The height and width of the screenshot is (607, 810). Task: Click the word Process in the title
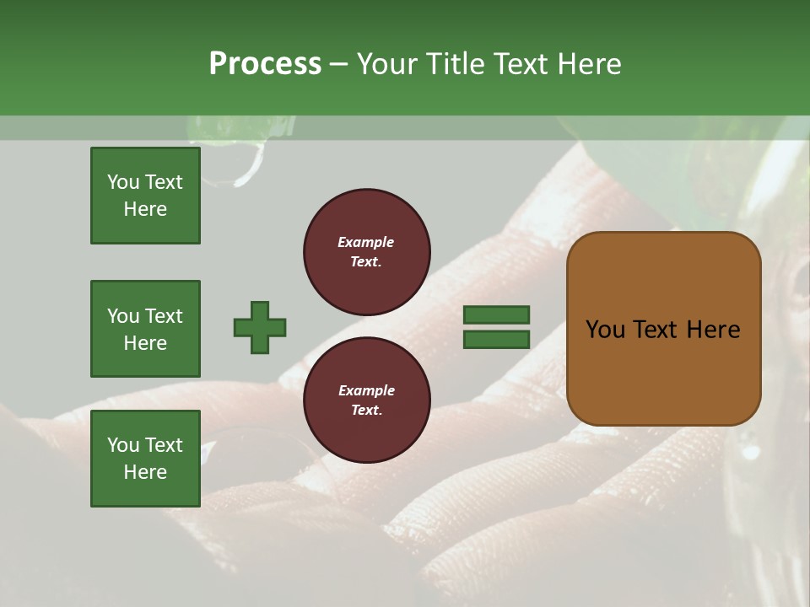[x=265, y=64]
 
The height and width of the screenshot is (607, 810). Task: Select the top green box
[x=145, y=196]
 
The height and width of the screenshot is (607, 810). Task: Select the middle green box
[x=145, y=329]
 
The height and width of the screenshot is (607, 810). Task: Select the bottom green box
[x=145, y=459]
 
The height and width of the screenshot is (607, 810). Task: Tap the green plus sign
[x=260, y=327]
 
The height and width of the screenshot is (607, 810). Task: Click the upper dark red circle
[x=366, y=251]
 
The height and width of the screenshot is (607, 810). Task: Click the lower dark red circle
[x=366, y=400]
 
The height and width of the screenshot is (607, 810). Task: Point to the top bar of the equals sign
[x=496, y=314]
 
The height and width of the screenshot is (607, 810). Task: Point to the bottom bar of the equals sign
[x=496, y=339]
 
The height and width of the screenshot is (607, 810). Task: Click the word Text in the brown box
[x=658, y=330]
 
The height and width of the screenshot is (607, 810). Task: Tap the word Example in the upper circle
[x=365, y=242]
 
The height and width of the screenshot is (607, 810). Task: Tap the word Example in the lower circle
[x=366, y=390]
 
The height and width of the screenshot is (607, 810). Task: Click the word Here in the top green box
[x=145, y=209]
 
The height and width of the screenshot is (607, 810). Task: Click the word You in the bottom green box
[x=123, y=445]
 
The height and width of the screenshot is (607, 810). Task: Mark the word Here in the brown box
[x=713, y=330]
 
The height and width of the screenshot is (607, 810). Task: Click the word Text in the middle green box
[x=163, y=316]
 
